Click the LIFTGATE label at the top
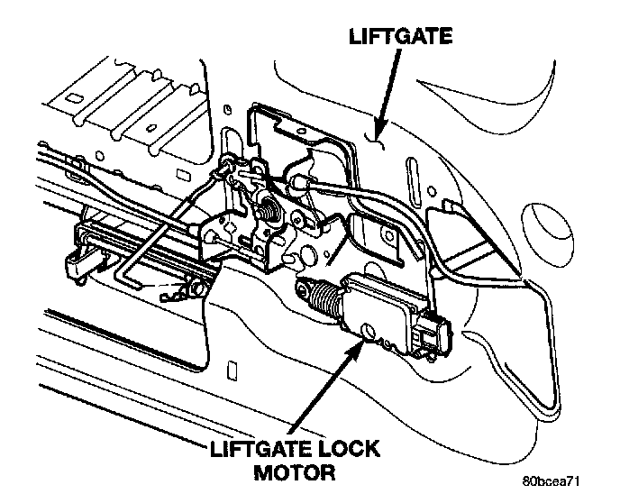[x=400, y=36]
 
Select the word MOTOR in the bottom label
[x=295, y=472]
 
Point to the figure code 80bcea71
[x=551, y=481]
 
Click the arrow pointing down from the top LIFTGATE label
[x=388, y=93]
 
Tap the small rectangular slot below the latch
[x=232, y=370]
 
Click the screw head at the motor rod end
[x=304, y=289]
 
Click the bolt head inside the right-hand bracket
[x=389, y=236]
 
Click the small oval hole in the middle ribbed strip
[x=150, y=128]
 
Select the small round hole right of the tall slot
[x=433, y=191]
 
